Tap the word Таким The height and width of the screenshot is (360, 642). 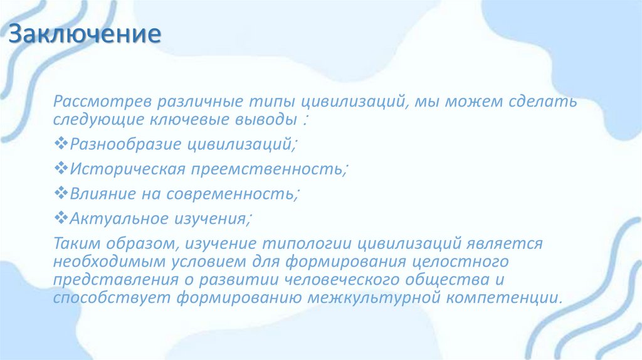pyautogui.click(x=74, y=243)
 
